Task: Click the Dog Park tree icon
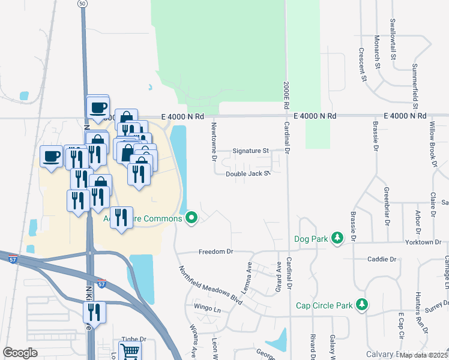coord(337,239)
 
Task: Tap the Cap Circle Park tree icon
coord(361,305)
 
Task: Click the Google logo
coord(20,353)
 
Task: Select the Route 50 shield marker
coord(82,4)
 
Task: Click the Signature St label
coord(250,151)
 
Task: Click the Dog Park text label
coord(312,239)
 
